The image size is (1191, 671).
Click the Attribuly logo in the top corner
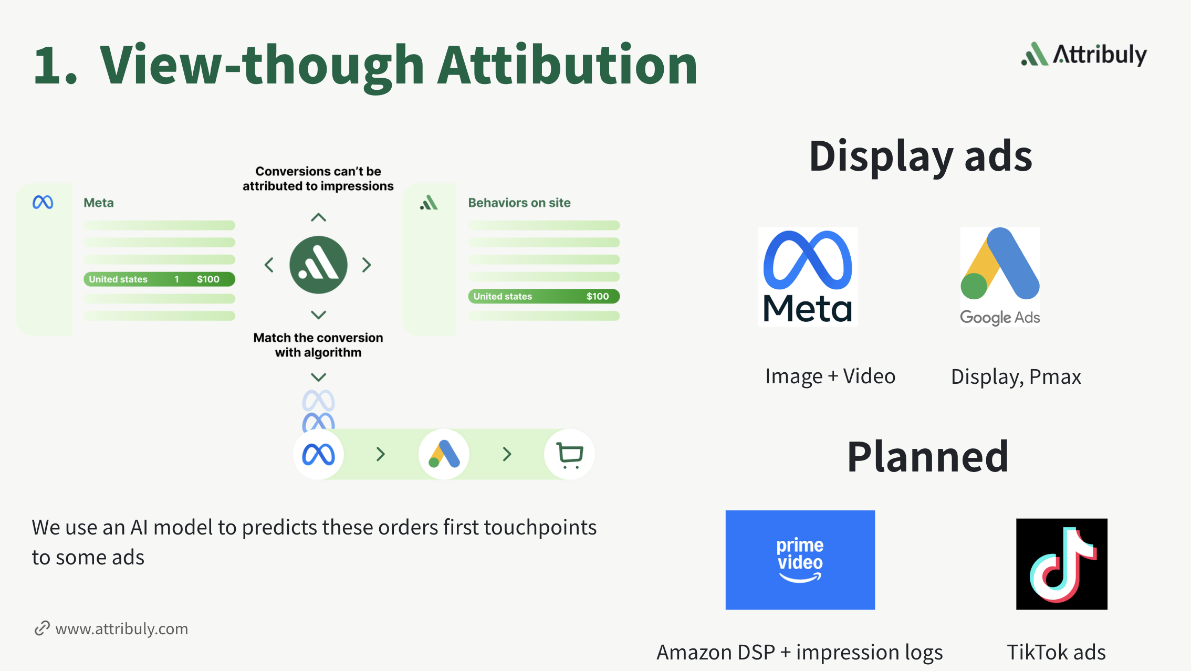(1084, 54)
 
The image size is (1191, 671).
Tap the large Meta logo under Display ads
(808, 277)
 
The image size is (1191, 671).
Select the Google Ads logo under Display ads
(1000, 277)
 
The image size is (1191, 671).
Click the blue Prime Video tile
(800, 560)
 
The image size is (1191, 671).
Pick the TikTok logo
(1062, 564)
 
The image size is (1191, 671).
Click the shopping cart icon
(570, 455)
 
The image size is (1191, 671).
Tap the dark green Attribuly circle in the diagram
(318, 265)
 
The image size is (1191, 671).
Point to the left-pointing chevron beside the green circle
(269, 265)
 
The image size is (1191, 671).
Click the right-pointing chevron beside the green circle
(367, 265)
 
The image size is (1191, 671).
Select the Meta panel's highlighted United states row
(159, 279)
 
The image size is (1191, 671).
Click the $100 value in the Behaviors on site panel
(598, 297)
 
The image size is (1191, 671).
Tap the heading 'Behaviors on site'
(519, 203)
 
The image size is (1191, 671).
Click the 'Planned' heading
(928, 457)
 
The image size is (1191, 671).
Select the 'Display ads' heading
(921, 156)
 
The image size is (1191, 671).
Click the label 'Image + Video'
(830, 376)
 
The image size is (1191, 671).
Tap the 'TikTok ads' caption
(1056, 652)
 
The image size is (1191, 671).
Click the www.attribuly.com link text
(122, 629)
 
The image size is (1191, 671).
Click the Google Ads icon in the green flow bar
(444, 454)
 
